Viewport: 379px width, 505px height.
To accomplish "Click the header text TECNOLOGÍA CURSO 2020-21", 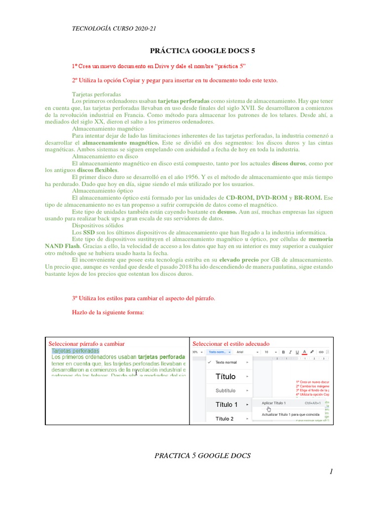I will pyautogui.click(x=114, y=28).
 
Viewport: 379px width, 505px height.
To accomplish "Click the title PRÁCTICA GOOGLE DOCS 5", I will pyautogui.click(x=202, y=51).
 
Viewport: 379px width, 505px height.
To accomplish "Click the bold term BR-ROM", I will pyautogui.click(x=307, y=197).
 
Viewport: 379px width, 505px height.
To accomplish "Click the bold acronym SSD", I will pyautogui.click(x=89, y=232).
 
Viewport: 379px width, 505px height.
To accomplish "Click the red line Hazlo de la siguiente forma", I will pyautogui.click(x=108, y=312).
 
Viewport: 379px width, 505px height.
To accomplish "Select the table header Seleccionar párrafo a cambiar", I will pyautogui.click(x=86, y=343).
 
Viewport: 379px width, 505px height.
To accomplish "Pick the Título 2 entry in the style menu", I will pyautogui.click(x=225, y=419).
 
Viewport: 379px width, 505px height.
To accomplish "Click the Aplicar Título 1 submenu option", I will pyautogui.click(x=273, y=403).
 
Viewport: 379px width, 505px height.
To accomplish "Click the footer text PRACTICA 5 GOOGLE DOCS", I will pyautogui.click(x=202, y=456).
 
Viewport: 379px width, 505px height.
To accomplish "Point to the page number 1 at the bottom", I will pyautogui.click(x=332, y=472).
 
